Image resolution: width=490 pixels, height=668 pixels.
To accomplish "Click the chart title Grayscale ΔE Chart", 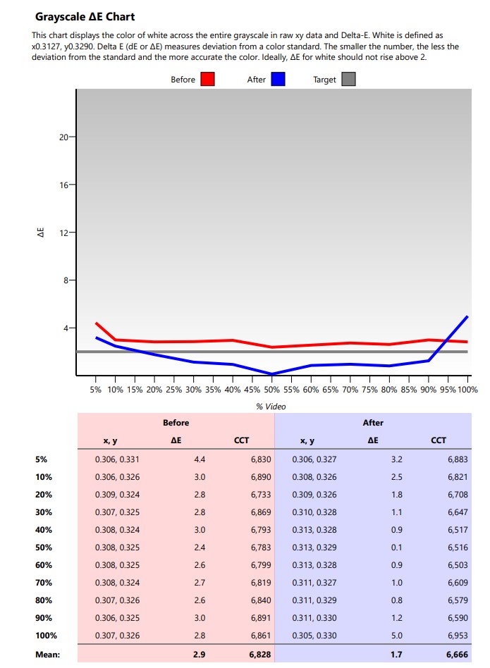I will pyautogui.click(x=85, y=16).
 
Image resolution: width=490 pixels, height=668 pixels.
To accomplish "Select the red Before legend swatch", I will pyautogui.click(x=207, y=80).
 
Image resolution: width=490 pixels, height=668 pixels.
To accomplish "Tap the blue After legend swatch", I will pyautogui.click(x=278, y=80).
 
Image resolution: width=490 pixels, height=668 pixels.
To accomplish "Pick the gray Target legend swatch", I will pyautogui.click(x=348, y=80).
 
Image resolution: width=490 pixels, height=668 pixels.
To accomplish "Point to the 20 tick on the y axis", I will pyautogui.click(x=63, y=137).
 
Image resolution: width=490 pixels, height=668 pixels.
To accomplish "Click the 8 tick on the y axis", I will pyautogui.click(x=66, y=280).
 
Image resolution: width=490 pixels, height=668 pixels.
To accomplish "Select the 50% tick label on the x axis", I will pyautogui.click(x=271, y=389).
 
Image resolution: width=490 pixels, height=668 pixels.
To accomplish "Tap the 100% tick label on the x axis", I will pyautogui.click(x=467, y=389).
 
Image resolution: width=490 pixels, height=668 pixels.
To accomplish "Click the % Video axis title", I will pyautogui.click(x=271, y=406).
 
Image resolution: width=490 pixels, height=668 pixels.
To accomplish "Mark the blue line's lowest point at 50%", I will pyautogui.click(x=271, y=373).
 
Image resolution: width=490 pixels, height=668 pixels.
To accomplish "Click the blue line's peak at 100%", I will pyautogui.click(x=467, y=316).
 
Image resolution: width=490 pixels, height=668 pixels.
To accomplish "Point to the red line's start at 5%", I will pyautogui.click(x=96, y=323).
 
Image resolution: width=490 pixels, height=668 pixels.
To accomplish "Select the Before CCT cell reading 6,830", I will pyautogui.click(x=260, y=459).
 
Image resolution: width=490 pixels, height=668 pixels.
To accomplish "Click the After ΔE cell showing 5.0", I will pyautogui.click(x=396, y=636).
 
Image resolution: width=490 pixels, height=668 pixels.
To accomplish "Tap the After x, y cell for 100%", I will pyautogui.click(x=314, y=636).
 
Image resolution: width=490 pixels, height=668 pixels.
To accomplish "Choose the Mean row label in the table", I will pyautogui.click(x=47, y=655).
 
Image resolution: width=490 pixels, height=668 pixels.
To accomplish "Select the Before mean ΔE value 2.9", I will pyautogui.click(x=199, y=655).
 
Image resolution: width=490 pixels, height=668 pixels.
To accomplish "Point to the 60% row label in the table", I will pyautogui.click(x=43, y=565).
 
